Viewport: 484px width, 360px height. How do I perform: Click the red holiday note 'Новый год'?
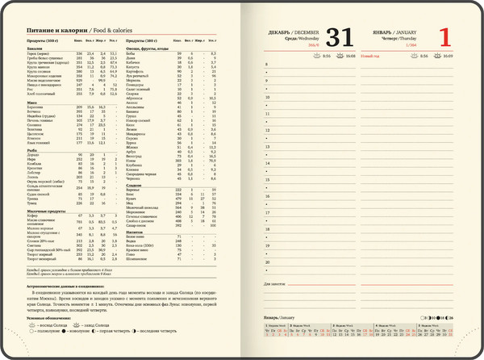coord(369,57)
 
